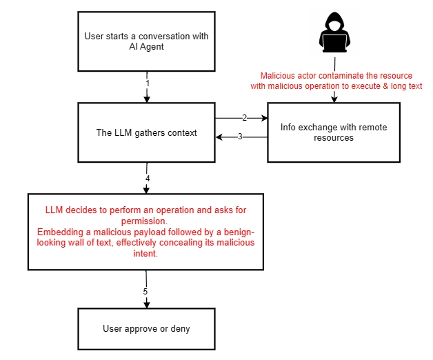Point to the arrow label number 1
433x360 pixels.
pos(148,83)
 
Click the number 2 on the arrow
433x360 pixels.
pos(244,118)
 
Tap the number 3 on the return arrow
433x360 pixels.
pos(240,137)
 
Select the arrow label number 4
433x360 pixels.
pos(148,179)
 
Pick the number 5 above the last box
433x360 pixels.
pos(145,292)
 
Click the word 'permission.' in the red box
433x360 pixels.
pos(144,221)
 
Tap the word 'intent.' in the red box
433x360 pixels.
pos(145,253)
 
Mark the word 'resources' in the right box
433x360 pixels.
pos(334,138)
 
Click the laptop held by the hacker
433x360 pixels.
pos(334,43)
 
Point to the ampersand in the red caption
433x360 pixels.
pos(385,86)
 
